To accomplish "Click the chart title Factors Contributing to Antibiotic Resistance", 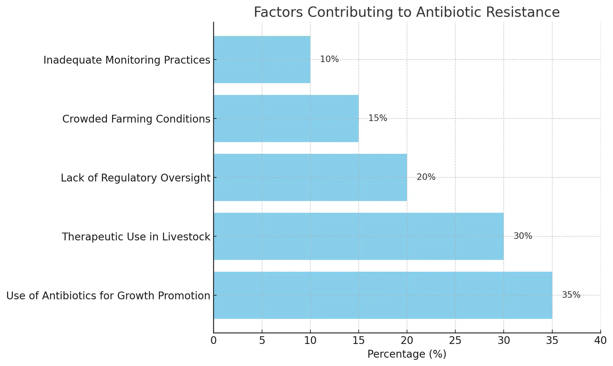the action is (407, 12).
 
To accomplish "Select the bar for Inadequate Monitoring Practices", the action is (262, 59).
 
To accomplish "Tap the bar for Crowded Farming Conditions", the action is (286, 118).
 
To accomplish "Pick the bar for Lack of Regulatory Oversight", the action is (310, 177).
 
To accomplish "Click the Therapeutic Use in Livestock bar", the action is (359, 236).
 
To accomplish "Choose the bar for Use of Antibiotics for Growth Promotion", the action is (383, 295).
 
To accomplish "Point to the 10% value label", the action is (329, 59).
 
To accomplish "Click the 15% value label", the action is (378, 118).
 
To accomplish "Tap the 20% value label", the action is (426, 177).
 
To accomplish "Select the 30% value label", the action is (523, 236).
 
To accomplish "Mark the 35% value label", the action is (571, 295).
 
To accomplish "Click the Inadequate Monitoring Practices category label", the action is (127, 60).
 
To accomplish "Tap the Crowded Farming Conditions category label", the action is (136, 119).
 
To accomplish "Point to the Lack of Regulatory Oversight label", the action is (136, 178).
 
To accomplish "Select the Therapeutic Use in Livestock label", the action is (136, 237).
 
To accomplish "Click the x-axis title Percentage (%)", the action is (407, 354).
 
